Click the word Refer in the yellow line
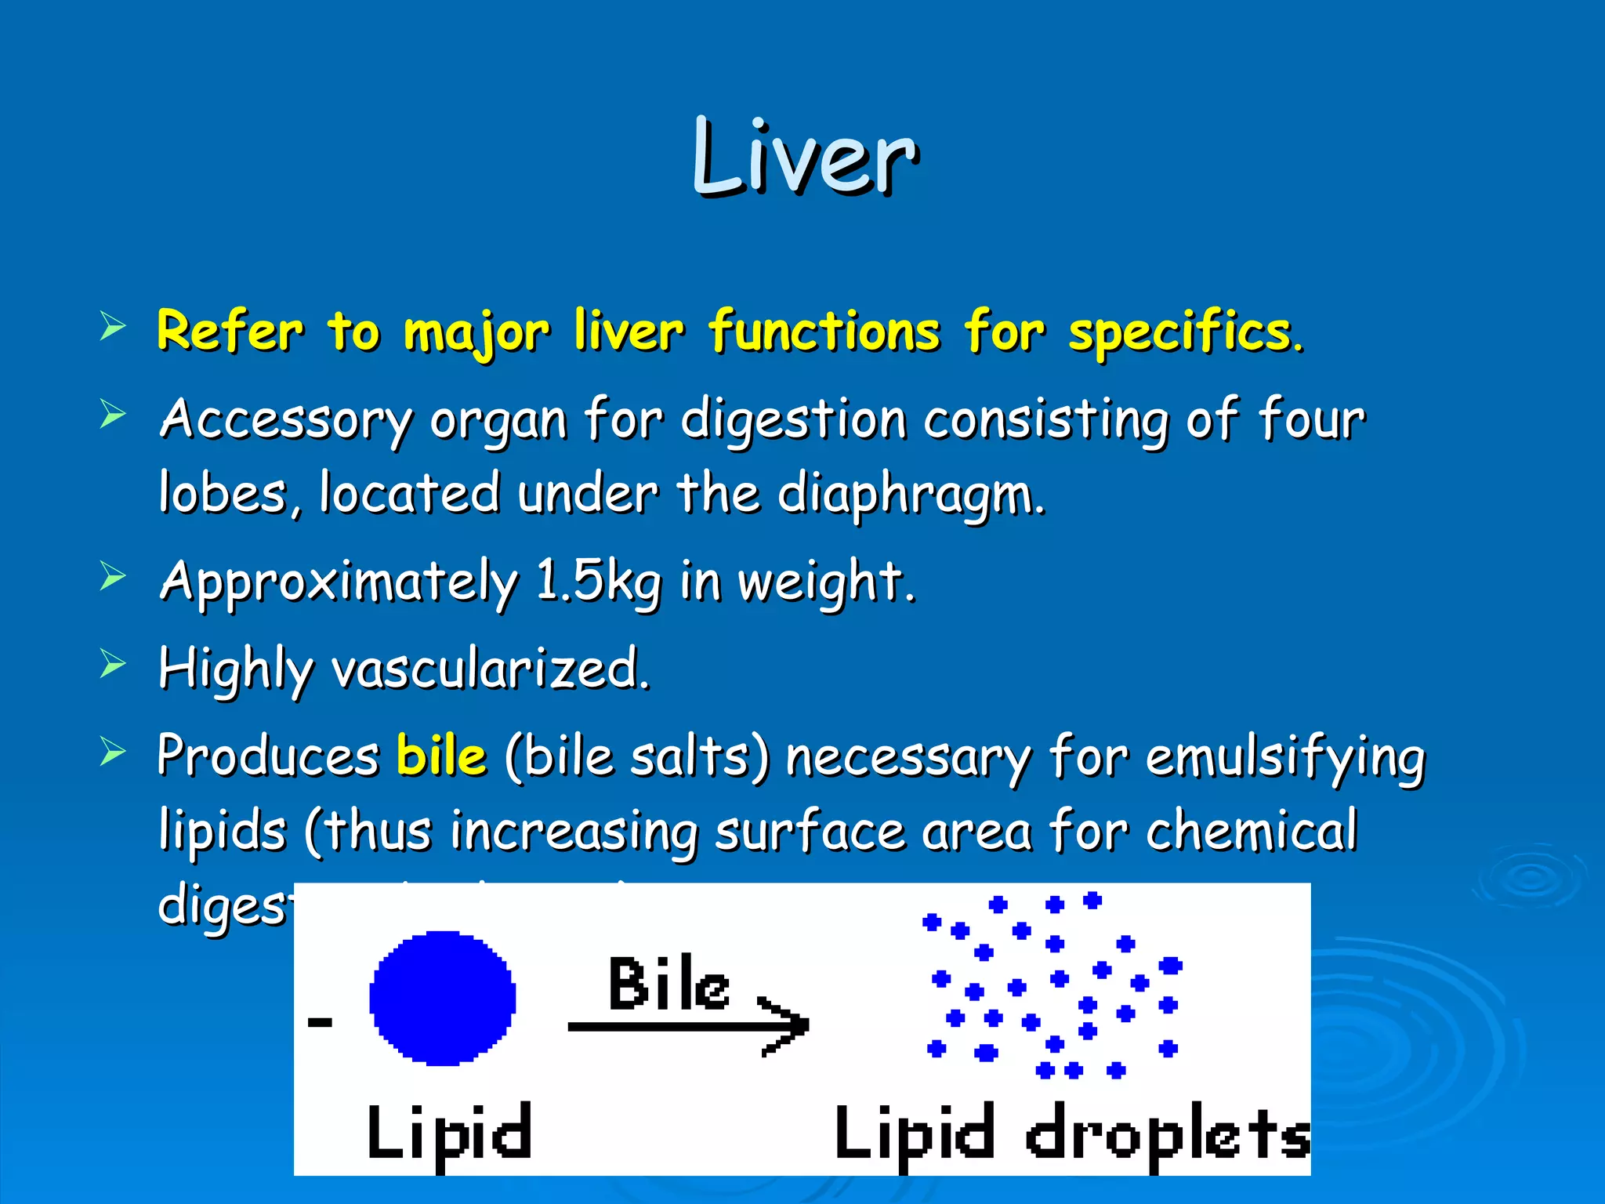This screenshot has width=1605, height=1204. pyautogui.click(x=230, y=331)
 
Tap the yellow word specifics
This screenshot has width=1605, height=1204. pyautogui.click(x=1185, y=332)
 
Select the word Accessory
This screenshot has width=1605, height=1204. pyautogui.click(x=285, y=420)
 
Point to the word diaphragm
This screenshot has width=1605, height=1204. pyautogui.click(x=911, y=495)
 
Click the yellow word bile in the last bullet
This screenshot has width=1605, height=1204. pyautogui.click(x=441, y=756)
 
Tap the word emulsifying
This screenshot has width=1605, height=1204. pyautogui.click(x=1285, y=759)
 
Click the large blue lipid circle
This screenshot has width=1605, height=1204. pyautogui.click(x=443, y=998)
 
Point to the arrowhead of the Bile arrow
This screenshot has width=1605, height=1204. pyautogui.click(x=792, y=1025)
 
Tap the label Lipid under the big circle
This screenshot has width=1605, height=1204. pyautogui.click(x=449, y=1133)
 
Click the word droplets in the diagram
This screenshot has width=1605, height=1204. pyautogui.click(x=1168, y=1135)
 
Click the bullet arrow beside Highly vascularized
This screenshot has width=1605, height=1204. pyautogui.click(x=113, y=665)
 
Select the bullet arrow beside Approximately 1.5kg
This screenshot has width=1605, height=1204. pyautogui.click(x=113, y=577)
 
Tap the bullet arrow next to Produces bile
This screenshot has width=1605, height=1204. pyautogui.click(x=113, y=752)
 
